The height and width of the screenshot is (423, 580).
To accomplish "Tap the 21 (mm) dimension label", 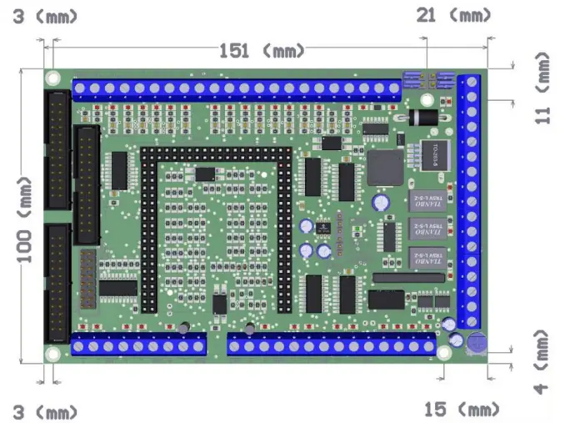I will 453,16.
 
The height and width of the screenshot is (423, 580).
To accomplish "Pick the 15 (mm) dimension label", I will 461,410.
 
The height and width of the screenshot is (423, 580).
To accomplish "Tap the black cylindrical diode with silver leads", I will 423,118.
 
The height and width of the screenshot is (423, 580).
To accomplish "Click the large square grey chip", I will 383,167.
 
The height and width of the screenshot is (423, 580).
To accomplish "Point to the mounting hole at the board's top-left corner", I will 52,78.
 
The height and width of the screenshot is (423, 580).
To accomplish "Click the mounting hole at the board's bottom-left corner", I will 53,354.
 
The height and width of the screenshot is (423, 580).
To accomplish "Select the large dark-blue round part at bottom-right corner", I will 477,341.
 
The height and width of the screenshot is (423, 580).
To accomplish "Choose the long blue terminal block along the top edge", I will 238,89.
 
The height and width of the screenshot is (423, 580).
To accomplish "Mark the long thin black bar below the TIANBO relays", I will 407,277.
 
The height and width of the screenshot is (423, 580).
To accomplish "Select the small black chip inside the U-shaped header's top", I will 204,174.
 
